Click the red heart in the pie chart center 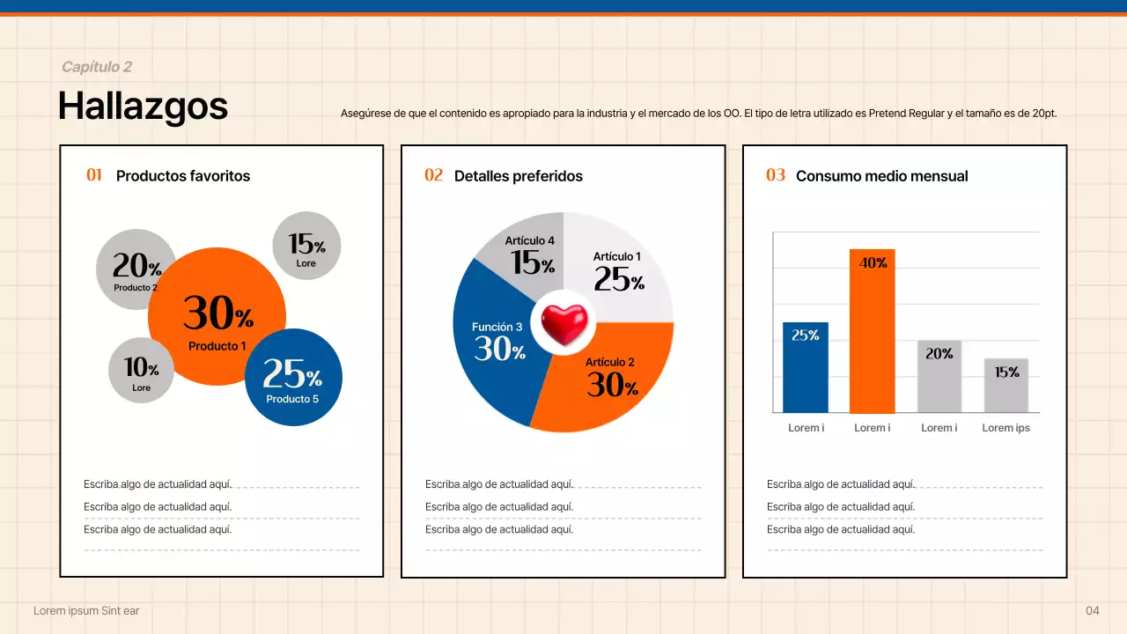click(x=563, y=323)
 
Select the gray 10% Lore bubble click(x=141, y=371)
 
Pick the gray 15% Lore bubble click(x=306, y=245)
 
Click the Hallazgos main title click(x=143, y=107)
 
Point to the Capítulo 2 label click(x=97, y=67)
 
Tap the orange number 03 click(x=776, y=175)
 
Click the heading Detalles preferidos click(x=518, y=176)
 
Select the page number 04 click(x=1093, y=610)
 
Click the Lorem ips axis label click(x=1005, y=428)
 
